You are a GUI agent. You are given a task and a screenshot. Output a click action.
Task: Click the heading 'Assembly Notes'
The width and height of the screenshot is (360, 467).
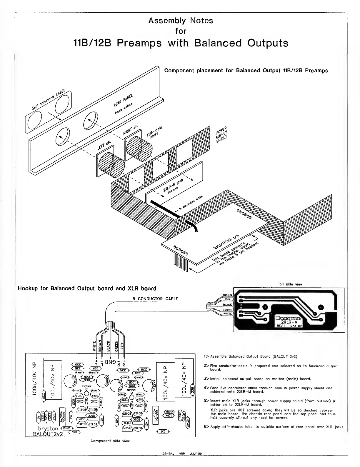pos(181,21)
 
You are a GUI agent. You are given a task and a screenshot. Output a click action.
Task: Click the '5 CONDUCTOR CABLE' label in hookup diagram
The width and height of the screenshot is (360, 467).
pos(155,298)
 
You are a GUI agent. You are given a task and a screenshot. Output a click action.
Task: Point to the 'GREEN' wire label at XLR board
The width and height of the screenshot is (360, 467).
pos(227,295)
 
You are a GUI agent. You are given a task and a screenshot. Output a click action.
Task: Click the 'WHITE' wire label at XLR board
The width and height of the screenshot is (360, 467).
pos(227,313)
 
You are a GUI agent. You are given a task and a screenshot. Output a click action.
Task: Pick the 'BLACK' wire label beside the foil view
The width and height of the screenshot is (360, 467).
pos(227,305)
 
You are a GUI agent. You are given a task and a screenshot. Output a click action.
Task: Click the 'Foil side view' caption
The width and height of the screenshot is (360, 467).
pos(290,284)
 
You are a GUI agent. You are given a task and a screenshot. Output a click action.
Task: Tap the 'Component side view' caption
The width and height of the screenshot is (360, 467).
pos(110,441)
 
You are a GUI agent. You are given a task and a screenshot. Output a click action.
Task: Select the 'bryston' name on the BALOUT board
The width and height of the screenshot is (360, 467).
pos(48,428)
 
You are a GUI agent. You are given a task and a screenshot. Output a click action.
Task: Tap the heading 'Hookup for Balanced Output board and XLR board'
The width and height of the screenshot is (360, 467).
pos(87,288)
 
